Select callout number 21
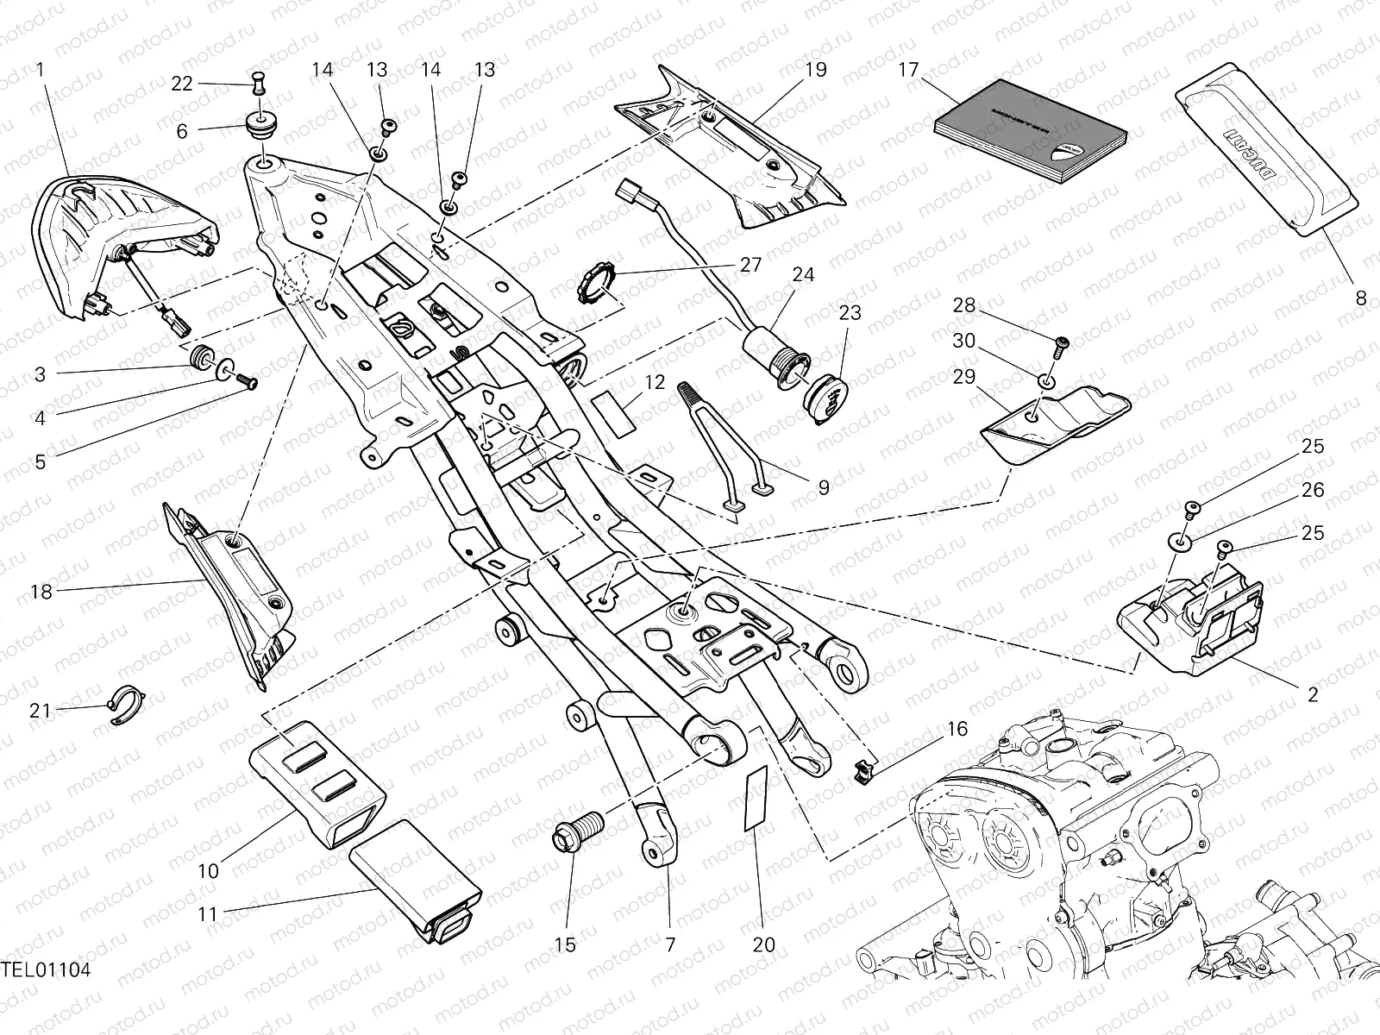[41, 711]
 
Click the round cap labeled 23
[826, 398]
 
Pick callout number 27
[750, 265]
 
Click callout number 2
[1313, 694]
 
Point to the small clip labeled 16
[863, 768]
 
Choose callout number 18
[41, 592]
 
